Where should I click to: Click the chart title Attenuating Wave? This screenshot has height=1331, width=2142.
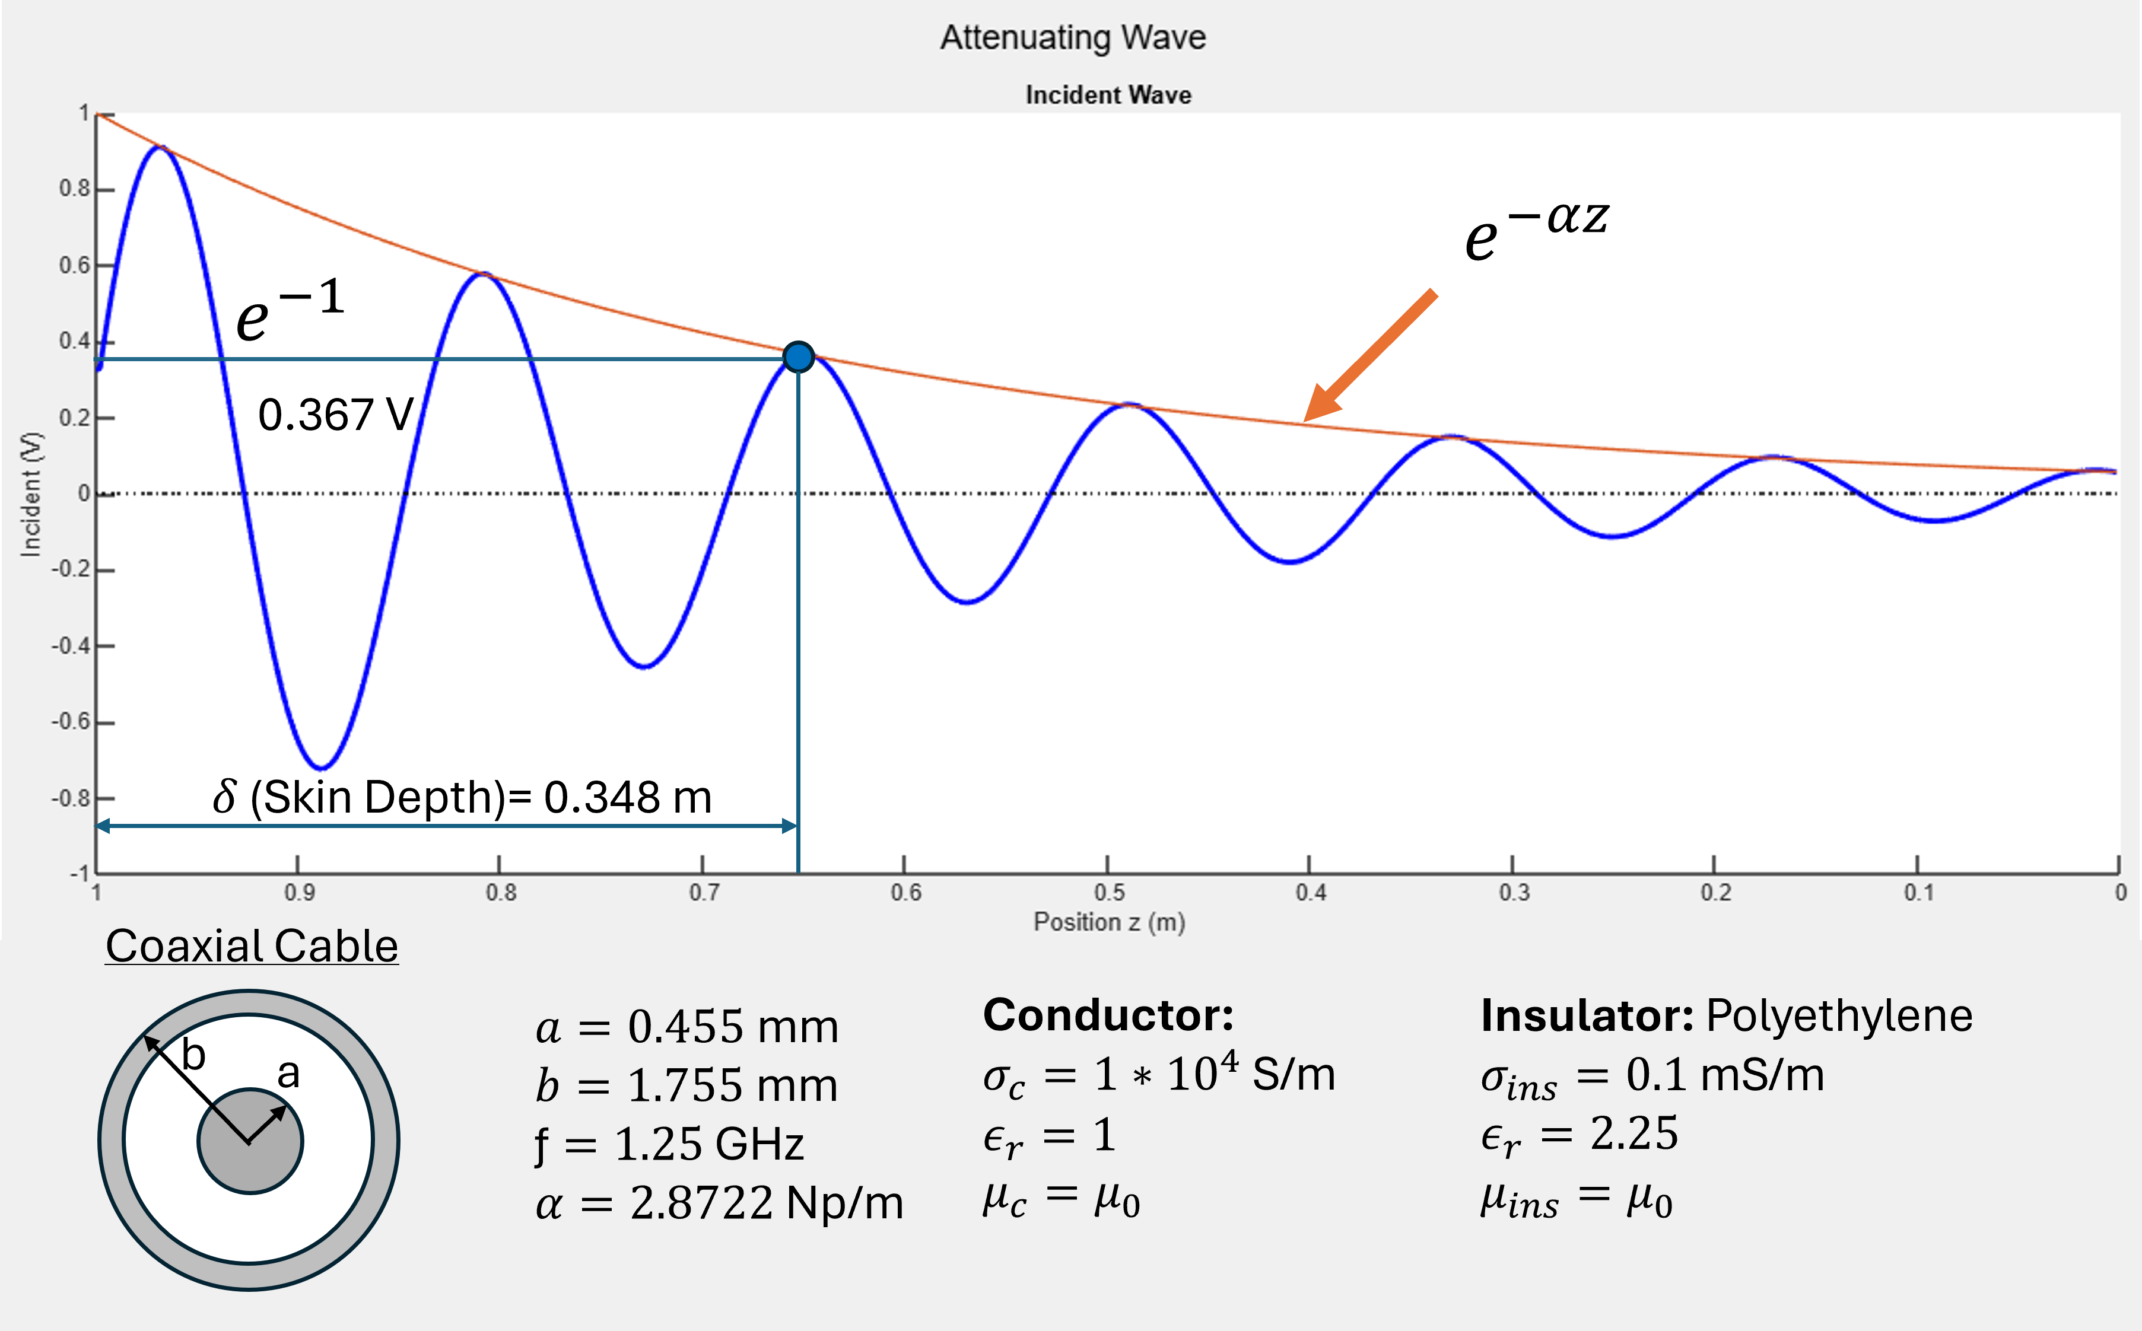[1072, 37]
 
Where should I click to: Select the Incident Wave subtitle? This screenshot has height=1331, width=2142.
[1108, 95]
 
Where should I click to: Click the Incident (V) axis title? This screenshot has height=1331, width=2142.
[31, 494]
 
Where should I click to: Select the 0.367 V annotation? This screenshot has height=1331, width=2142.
[335, 415]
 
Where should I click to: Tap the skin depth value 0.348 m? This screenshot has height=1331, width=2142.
[627, 798]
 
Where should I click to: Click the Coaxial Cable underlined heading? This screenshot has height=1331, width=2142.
[252, 946]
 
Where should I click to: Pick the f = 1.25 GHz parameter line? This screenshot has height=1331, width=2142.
[669, 1144]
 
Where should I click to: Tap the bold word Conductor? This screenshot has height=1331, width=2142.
[1108, 1015]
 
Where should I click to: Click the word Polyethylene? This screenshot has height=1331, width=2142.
[1839, 1016]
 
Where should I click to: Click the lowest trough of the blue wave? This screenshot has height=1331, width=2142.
[322, 767]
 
